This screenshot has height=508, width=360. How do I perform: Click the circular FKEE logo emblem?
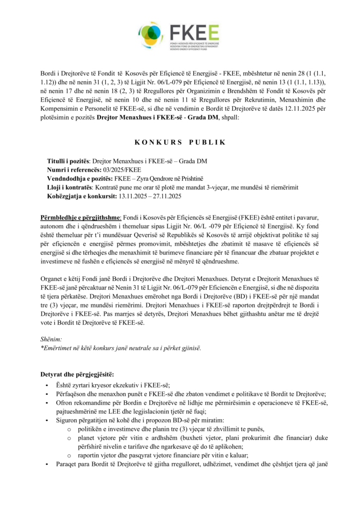tap(151, 33)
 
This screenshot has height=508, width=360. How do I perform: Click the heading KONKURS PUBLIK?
tap(180, 142)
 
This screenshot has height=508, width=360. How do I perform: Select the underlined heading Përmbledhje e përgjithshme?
tap(80, 218)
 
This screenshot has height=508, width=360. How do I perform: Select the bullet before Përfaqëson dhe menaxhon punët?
tap(47, 393)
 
